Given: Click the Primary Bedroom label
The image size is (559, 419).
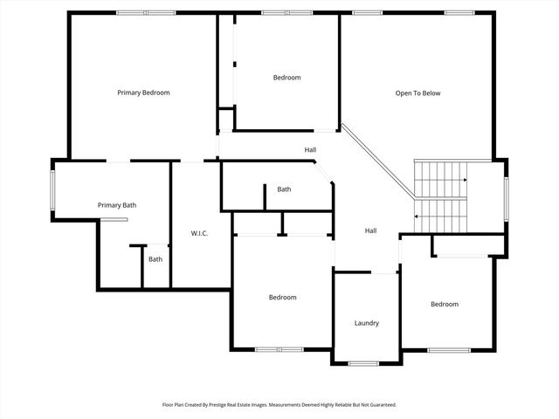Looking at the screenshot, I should [x=143, y=93].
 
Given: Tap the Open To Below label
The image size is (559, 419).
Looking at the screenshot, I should [x=418, y=93].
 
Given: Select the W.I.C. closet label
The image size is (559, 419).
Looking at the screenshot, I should [x=199, y=233].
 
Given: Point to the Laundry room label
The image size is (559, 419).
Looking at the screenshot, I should [x=367, y=323].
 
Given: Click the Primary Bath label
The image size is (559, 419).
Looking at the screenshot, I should [x=117, y=205].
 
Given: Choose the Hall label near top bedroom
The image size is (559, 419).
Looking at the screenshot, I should [x=310, y=150].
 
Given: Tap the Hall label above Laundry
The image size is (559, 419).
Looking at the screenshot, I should [x=370, y=230].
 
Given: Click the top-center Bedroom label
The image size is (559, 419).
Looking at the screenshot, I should [x=286, y=78].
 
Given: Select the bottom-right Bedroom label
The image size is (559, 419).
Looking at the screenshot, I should [x=444, y=304].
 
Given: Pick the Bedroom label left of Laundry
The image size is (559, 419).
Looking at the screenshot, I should [x=282, y=298].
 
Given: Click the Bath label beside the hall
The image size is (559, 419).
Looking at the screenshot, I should [x=284, y=189].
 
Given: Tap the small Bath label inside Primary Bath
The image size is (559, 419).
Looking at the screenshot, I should [x=155, y=259].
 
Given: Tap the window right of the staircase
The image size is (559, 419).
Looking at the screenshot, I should [x=505, y=189].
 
